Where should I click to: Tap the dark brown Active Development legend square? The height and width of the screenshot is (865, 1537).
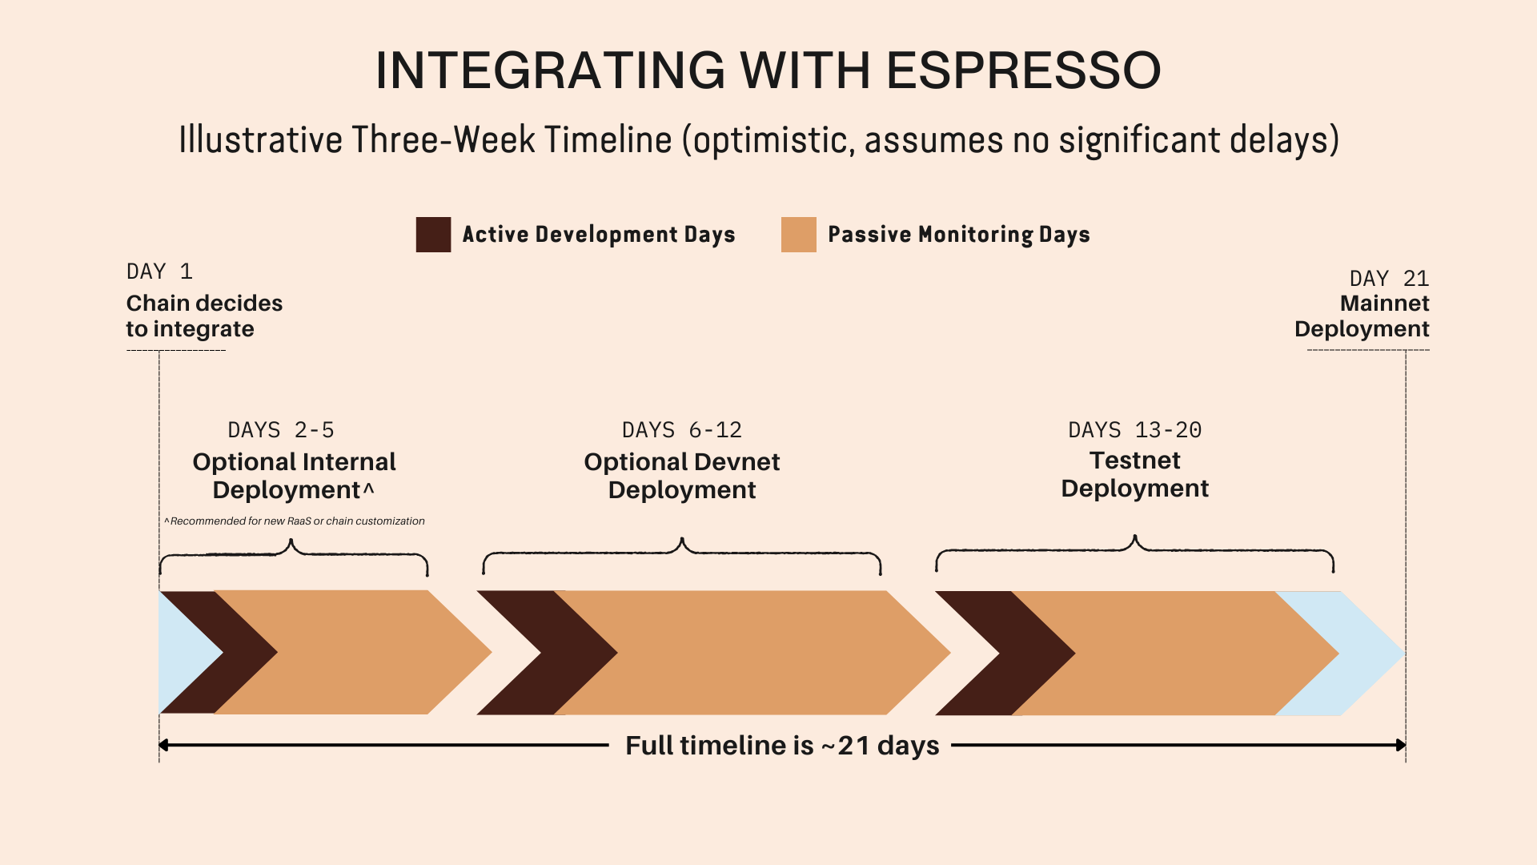tap(433, 235)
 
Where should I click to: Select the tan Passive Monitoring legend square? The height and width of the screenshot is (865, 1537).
tap(798, 235)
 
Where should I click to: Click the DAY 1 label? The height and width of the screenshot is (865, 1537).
tap(159, 272)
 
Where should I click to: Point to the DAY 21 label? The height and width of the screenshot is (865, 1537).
tap(1389, 279)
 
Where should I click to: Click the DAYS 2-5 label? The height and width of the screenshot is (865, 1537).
tap(281, 430)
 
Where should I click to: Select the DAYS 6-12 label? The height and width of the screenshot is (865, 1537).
tap(682, 430)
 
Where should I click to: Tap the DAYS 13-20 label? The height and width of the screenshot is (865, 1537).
tap(1135, 430)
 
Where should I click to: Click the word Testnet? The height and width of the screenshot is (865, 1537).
tap(1135, 461)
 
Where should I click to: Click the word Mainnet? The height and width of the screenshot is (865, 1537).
tap(1385, 304)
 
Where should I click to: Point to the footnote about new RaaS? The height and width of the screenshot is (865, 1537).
tap(295, 521)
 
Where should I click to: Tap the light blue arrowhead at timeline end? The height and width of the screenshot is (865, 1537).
tap(1353, 654)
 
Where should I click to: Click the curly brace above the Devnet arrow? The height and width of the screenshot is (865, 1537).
tap(682, 545)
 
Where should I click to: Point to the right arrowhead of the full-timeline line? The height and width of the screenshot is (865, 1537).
tap(1401, 745)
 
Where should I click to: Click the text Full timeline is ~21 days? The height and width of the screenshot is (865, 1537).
tap(782, 746)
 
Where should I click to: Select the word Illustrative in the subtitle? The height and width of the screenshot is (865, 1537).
tap(261, 139)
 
